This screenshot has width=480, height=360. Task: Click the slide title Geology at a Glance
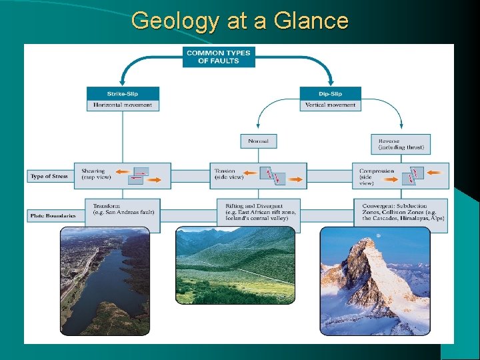(x=240, y=21)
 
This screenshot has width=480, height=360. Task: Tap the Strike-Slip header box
(x=123, y=93)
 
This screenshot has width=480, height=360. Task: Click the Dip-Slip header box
(x=330, y=93)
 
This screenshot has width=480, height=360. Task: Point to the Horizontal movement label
(x=123, y=105)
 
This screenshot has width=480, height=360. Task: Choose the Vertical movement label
(x=330, y=105)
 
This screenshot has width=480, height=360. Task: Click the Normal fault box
(x=258, y=141)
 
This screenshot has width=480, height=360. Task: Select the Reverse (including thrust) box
(x=401, y=144)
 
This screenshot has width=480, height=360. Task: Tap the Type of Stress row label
(x=49, y=177)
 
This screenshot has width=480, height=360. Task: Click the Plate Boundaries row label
(x=53, y=216)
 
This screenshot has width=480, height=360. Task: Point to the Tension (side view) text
(x=229, y=174)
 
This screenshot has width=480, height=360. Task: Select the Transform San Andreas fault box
(x=123, y=209)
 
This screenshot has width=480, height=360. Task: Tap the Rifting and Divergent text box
(x=258, y=211)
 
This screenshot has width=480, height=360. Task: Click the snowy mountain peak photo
(x=375, y=281)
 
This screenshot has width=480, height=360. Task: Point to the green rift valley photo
(x=235, y=265)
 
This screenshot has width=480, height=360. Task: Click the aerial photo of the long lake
(x=105, y=281)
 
